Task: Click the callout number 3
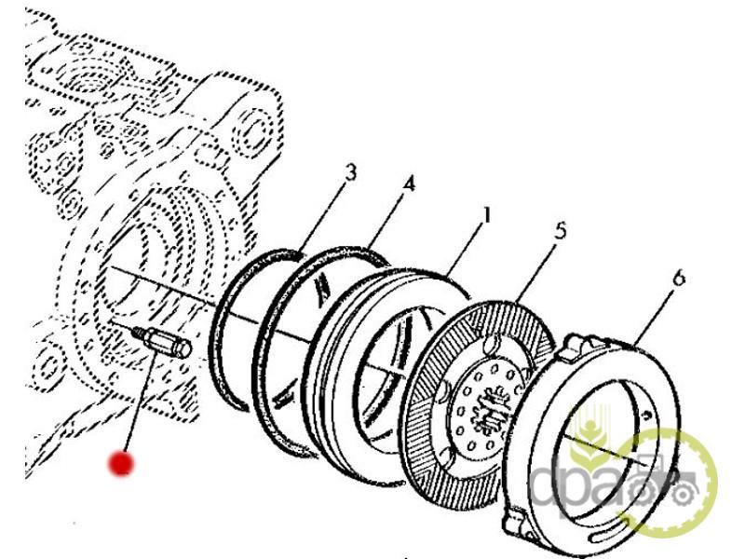[x=350, y=171]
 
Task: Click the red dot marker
[x=119, y=463]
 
